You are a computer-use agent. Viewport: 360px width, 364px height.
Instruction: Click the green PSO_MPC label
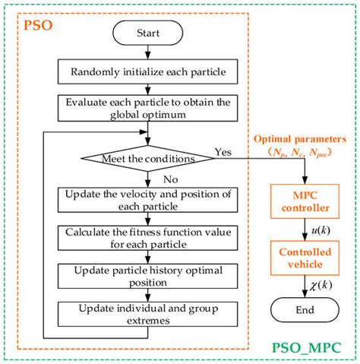pyautogui.click(x=305, y=348)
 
